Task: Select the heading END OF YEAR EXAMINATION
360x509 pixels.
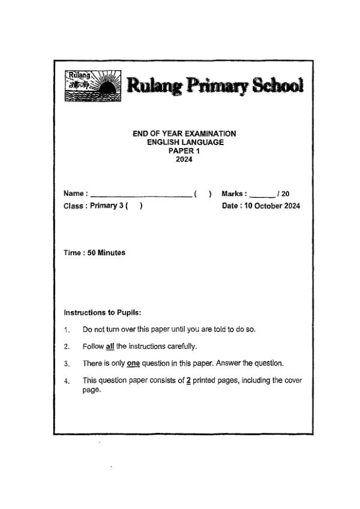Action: click(x=184, y=134)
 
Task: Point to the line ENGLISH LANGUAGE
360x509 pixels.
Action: click(x=185, y=142)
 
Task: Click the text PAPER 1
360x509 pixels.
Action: click(x=184, y=151)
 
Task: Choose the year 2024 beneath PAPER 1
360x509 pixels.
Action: click(x=184, y=159)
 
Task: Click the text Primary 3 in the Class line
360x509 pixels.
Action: click(x=106, y=206)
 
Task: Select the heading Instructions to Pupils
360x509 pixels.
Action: click(x=102, y=312)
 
